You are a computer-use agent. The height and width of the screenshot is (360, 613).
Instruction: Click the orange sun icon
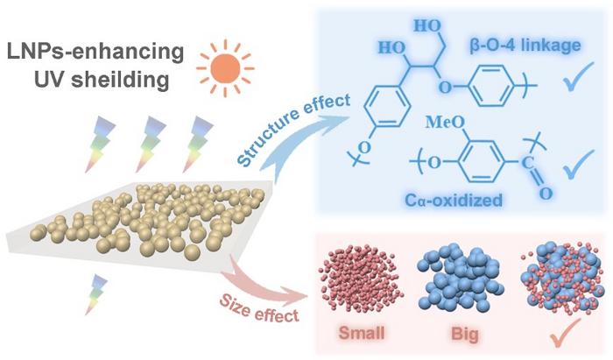[x=225, y=68]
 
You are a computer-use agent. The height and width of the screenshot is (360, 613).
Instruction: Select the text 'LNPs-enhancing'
[x=95, y=52]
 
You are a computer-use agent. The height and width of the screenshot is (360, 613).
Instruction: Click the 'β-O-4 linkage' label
[x=525, y=46]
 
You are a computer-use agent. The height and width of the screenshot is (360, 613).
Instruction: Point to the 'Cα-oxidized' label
[x=454, y=200]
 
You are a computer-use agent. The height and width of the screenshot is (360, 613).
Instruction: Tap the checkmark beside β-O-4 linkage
[x=578, y=77]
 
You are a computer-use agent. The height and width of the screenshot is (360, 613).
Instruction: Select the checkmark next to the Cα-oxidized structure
[x=578, y=165]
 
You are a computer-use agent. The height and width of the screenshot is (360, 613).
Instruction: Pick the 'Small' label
[x=362, y=333]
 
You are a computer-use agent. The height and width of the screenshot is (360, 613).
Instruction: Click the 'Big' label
[x=465, y=335]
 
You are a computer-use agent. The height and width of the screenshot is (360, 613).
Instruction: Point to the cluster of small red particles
[x=361, y=279]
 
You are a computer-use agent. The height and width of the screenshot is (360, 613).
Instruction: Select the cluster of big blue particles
[x=461, y=277]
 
